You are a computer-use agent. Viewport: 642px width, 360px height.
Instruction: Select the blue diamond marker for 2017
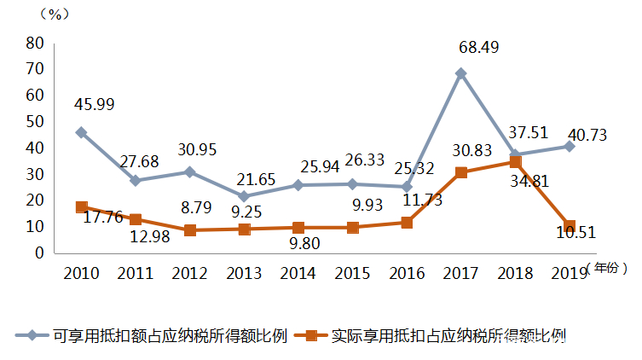click(460, 73)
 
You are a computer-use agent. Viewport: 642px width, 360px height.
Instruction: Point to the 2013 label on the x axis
click(244, 273)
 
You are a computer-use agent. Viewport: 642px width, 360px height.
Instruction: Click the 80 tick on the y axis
click(34, 42)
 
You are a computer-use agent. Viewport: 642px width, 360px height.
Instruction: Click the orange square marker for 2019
click(570, 225)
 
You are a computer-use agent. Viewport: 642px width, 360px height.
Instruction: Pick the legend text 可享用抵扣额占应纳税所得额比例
click(170, 335)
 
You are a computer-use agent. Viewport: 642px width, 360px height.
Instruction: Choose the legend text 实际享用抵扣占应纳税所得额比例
click(448, 335)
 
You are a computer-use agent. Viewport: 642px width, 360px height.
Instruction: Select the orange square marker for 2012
click(189, 230)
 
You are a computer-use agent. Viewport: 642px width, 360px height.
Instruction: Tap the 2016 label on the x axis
click(408, 273)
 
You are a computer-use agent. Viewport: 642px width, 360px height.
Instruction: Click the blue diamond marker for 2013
click(244, 196)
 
